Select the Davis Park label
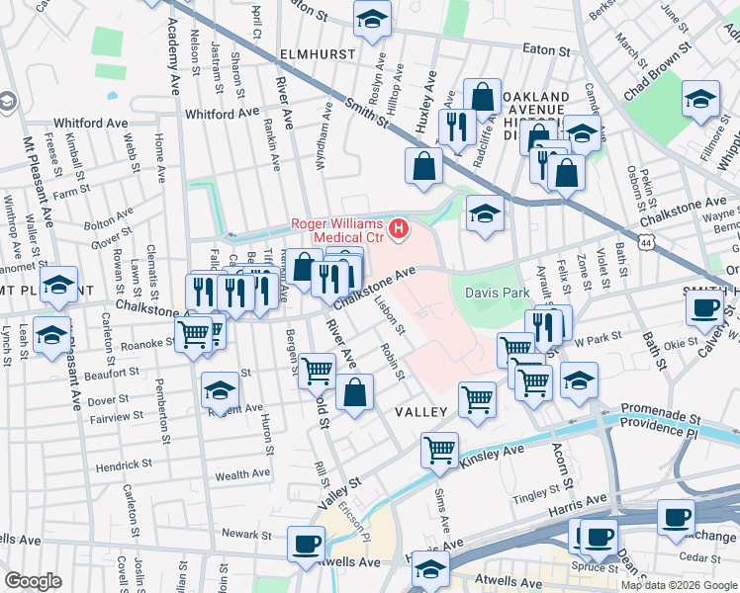(x=506, y=294)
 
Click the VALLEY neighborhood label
(x=423, y=411)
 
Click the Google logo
(x=33, y=581)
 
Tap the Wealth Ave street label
(x=242, y=474)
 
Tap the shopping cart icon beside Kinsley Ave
(x=439, y=450)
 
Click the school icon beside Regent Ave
(x=220, y=389)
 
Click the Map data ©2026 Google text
(x=679, y=585)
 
